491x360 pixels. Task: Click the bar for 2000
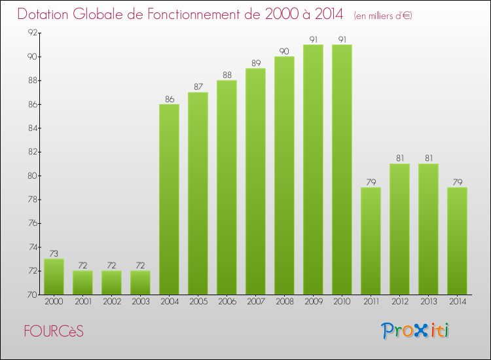tap(54, 276)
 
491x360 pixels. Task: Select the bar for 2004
tap(169, 199)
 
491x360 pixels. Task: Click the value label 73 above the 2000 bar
tap(54, 254)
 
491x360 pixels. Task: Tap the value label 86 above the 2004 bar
tap(169, 99)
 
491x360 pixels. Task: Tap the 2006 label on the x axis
tap(227, 301)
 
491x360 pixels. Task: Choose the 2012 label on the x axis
tap(399, 301)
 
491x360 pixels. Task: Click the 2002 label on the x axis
tap(111, 301)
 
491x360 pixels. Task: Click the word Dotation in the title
tap(47, 14)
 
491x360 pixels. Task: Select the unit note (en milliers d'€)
tap(382, 16)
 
